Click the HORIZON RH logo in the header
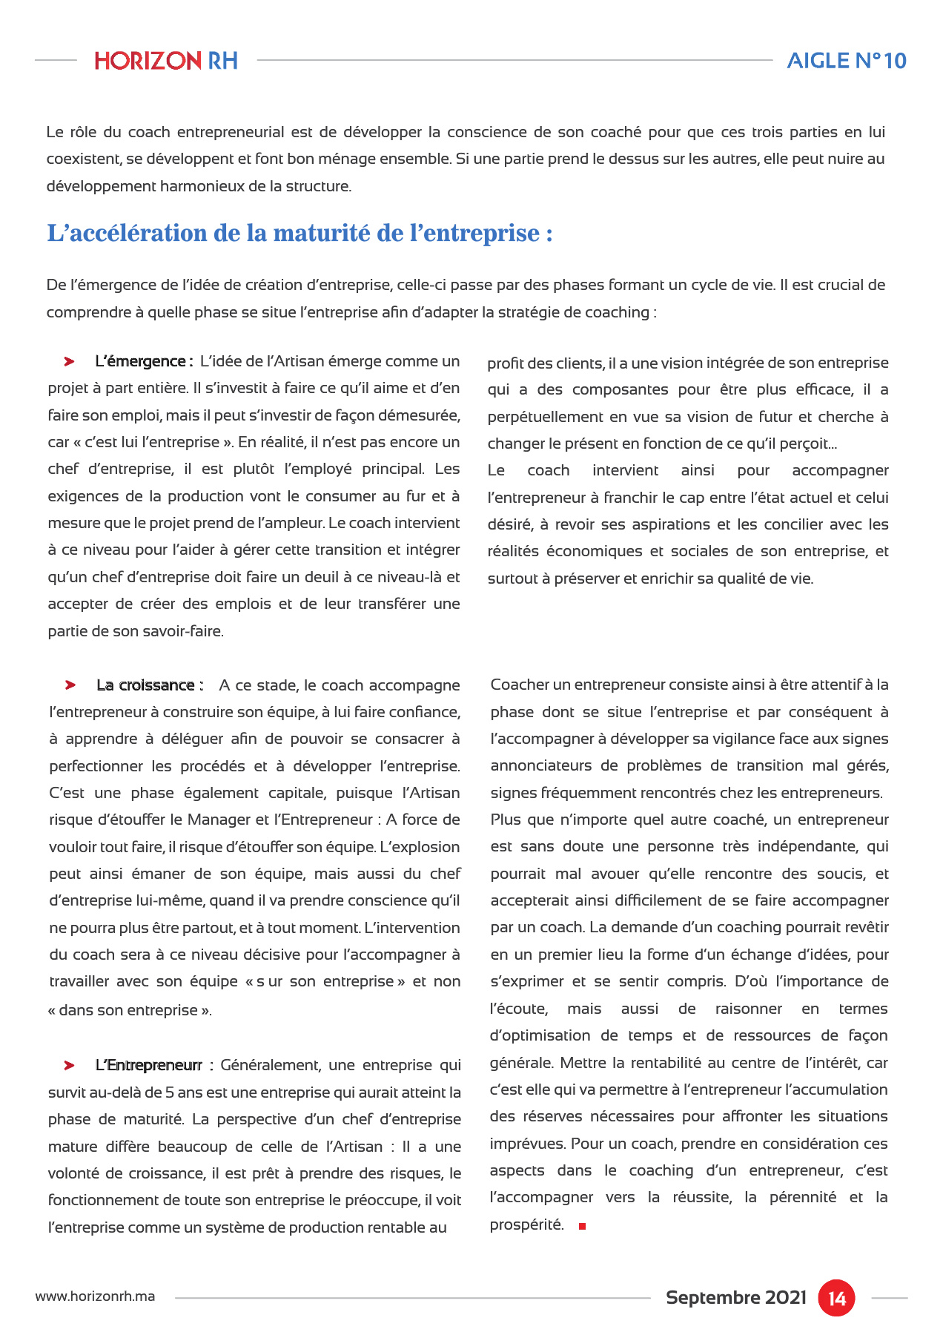coord(166,61)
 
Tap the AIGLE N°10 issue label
coord(846,61)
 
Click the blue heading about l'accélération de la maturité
coord(300,233)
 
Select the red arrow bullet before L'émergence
coord(69,362)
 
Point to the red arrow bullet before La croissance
coord(70,685)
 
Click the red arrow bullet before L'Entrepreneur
coord(69,1066)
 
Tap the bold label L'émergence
coord(144,362)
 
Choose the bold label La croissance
coord(149,685)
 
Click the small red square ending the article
coord(583,1227)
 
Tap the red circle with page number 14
coord(836,1298)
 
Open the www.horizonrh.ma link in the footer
coord(95,1297)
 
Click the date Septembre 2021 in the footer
coord(735,1298)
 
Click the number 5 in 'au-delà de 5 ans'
coord(170,1092)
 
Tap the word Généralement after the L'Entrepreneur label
coord(271,1066)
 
